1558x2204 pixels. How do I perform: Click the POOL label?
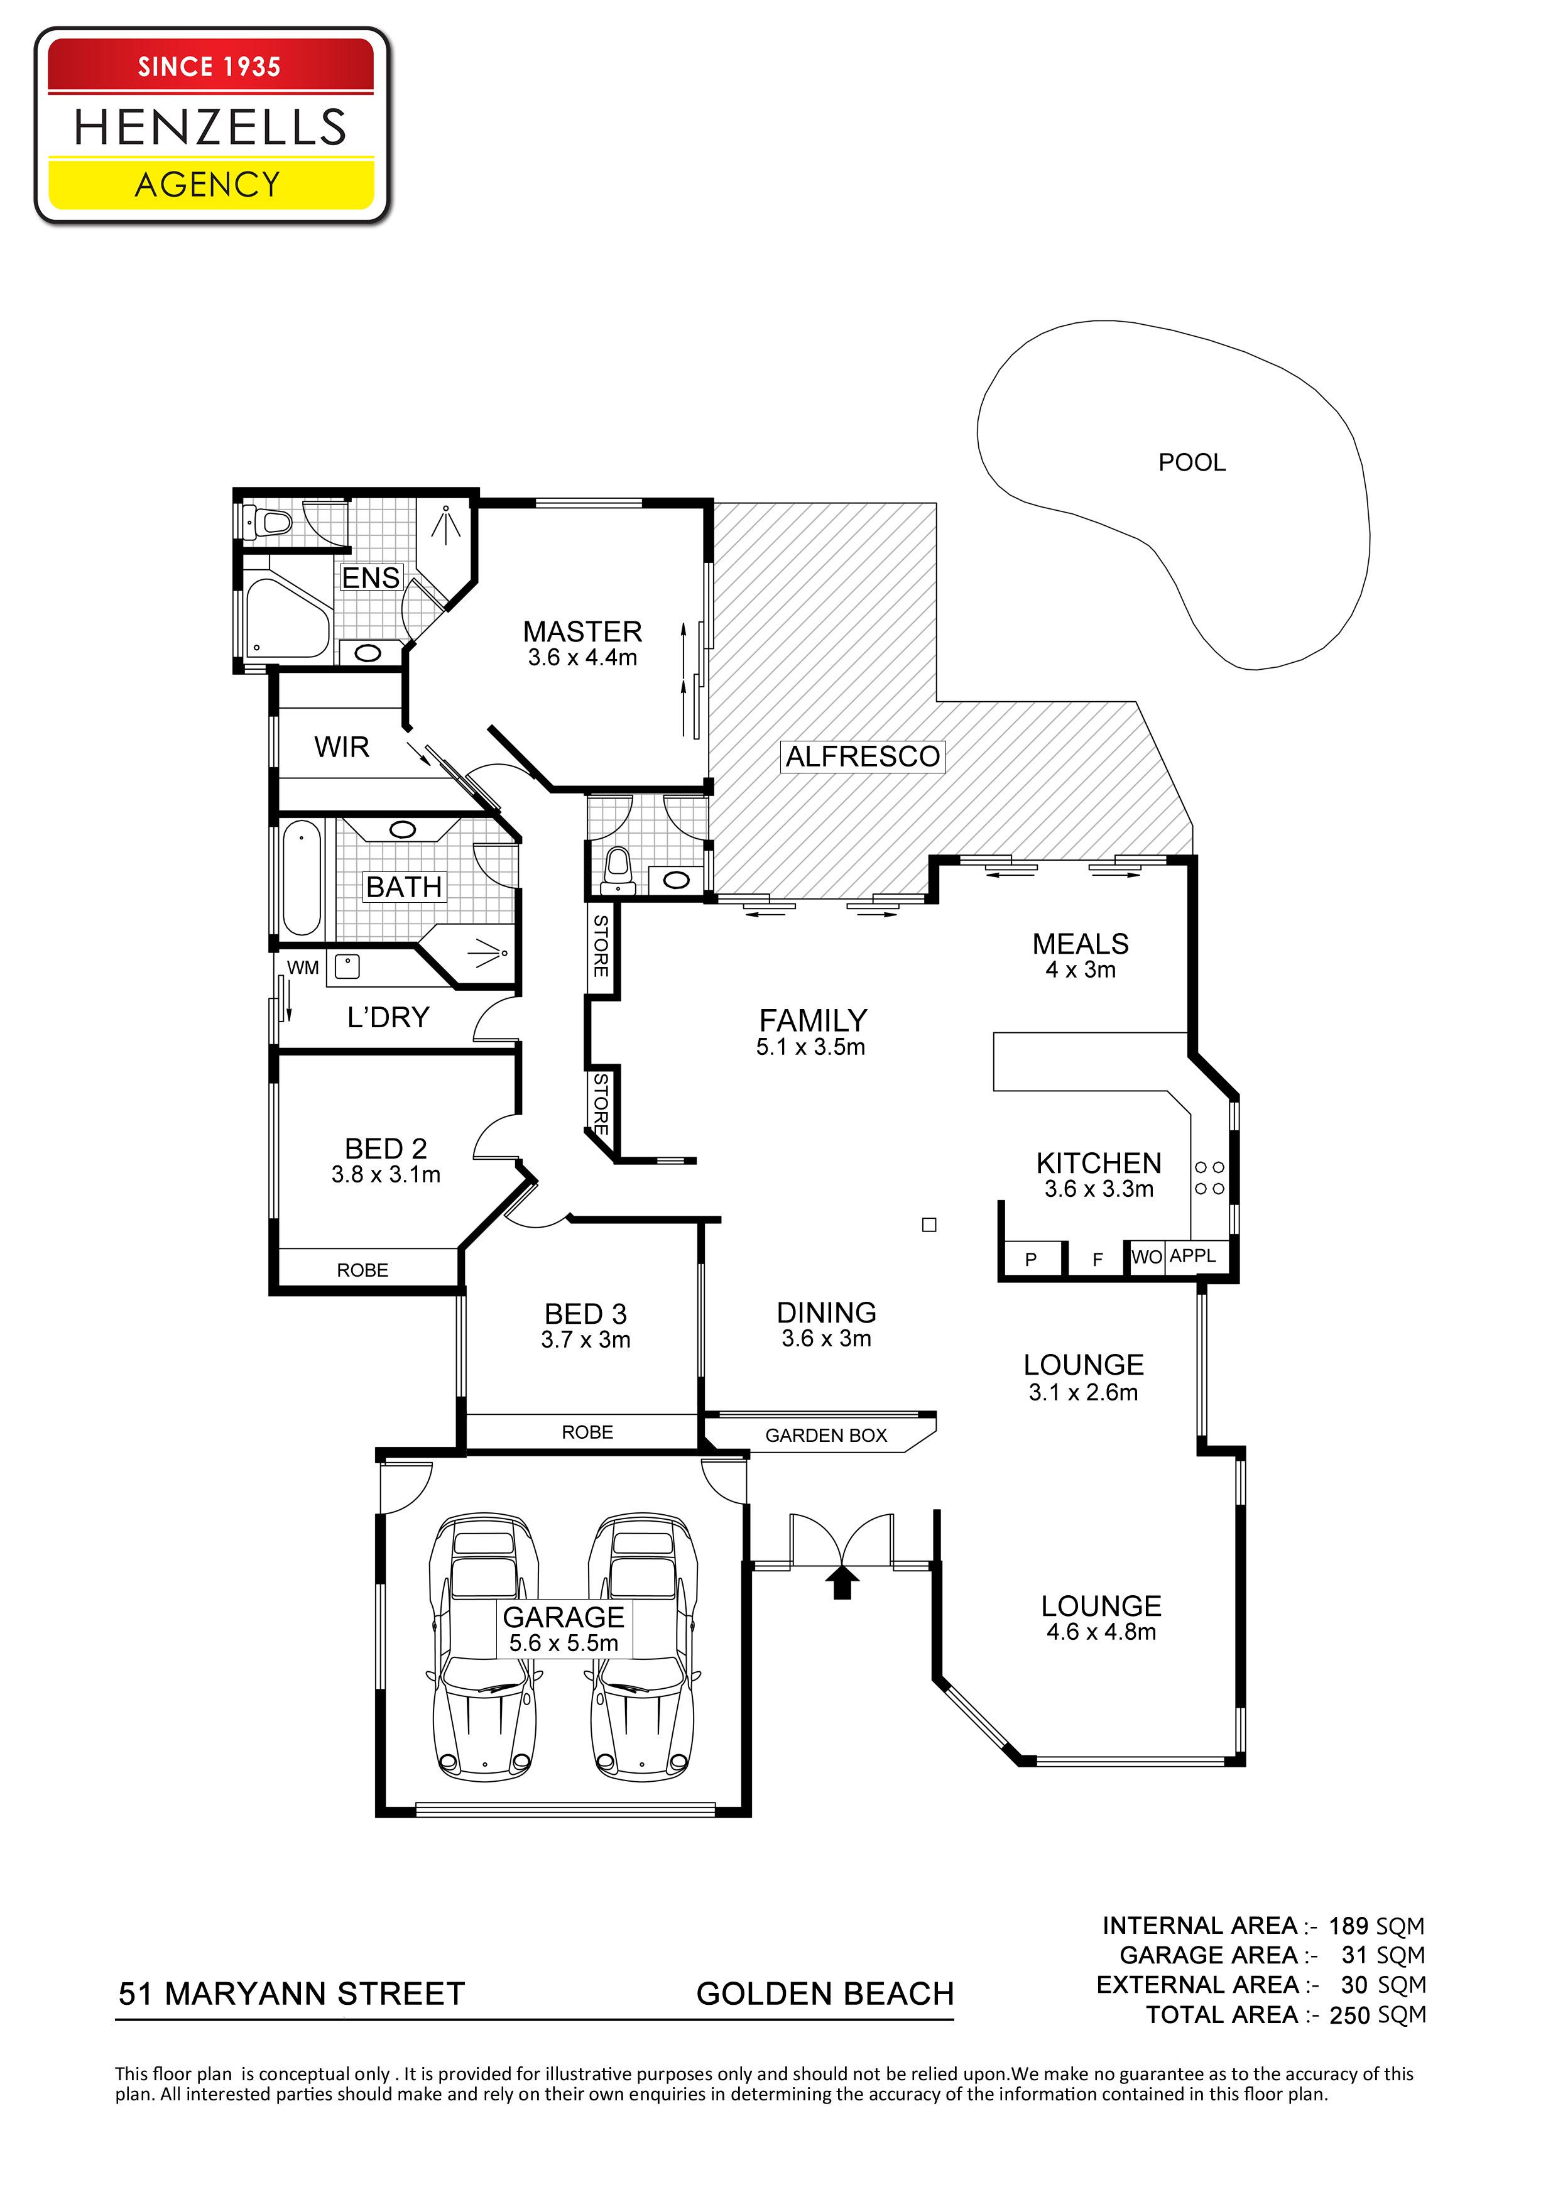click(1191, 462)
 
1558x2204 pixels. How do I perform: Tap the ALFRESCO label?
click(862, 756)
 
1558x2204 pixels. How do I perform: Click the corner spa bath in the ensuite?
click(286, 614)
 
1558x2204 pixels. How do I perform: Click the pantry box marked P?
click(1031, 1258)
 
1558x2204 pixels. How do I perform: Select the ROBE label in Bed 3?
click(587, 1432)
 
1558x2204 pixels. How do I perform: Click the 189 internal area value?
click(1348, 1926)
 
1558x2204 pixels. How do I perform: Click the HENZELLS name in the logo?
click(210, 127)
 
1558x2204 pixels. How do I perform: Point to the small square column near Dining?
click(929, 1225)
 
